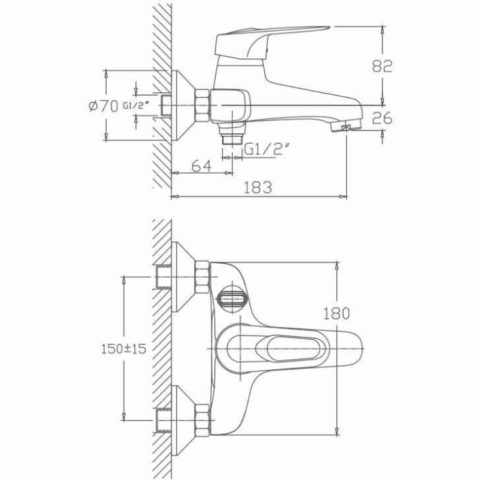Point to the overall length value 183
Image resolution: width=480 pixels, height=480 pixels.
pos(258,187)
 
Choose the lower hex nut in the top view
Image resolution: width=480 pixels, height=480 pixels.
pos(202,419)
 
